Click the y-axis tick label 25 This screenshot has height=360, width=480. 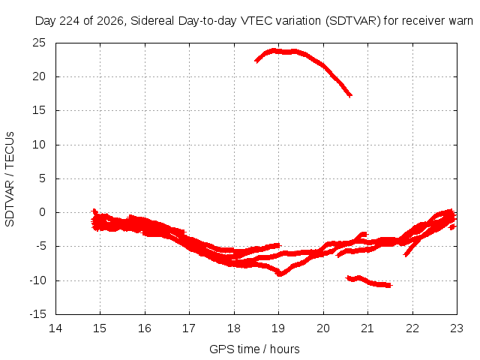[39, 43]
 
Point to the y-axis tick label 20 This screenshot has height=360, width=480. [39, 76]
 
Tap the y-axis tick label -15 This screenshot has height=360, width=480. [37, 314]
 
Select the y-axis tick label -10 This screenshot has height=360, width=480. [37, 280]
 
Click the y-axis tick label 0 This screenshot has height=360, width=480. [42, 212]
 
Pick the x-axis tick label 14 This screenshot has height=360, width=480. [55, 328]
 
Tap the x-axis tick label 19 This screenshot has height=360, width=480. [278, 328]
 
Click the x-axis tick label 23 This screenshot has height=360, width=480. [457, 328]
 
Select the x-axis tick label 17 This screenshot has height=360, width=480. [189, 328]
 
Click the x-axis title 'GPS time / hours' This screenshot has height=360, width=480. [254, 349]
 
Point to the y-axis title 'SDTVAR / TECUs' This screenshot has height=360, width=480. [10, 179]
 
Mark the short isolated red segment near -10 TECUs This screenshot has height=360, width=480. [368, 282]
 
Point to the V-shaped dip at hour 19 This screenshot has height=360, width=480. [280, 274]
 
